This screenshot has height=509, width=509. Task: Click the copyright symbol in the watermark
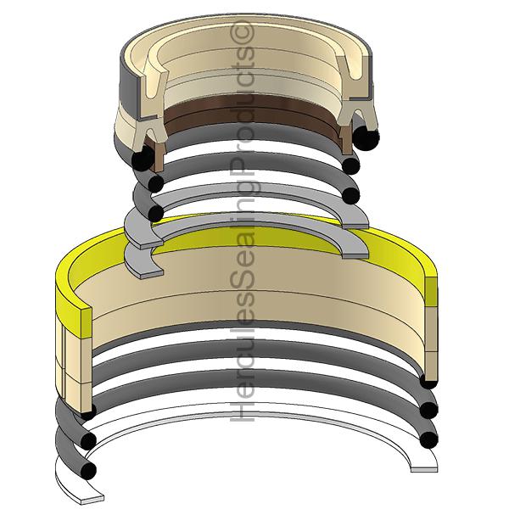point(242,33)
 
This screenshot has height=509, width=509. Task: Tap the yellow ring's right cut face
point(431,291)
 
